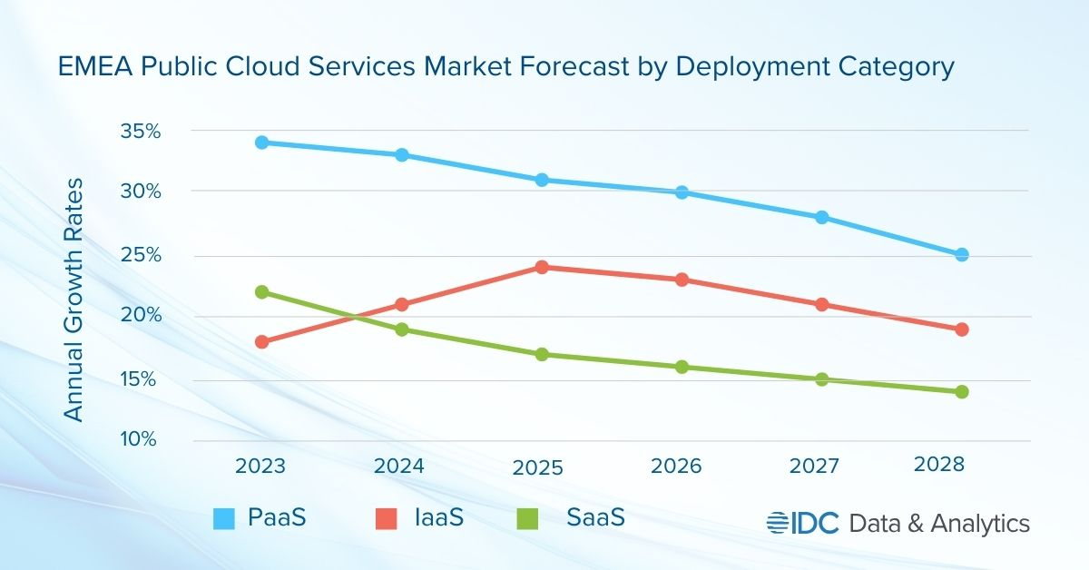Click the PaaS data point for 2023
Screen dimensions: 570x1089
(x=261, y=142)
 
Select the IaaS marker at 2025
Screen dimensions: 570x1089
(x=542, y=267)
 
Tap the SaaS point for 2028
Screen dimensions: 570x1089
(x=962, y=392)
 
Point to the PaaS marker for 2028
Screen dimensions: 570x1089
(x=962, y=255)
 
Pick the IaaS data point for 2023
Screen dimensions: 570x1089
(x=261, y=342)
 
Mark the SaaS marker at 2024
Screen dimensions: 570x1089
(x=401, y=329)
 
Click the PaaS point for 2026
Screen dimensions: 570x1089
(x=682, y=192)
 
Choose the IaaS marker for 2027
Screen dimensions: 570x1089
(x=821, y=304)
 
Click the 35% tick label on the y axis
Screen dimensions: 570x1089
(x=140, y=132)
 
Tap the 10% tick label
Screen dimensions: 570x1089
(x=140, y=439)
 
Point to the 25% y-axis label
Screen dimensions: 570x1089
(x=140, y=255)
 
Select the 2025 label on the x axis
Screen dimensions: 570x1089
(x=538, y=467)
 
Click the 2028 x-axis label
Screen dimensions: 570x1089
(x=938, y=464)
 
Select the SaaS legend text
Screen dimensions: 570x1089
(x=595, y=518)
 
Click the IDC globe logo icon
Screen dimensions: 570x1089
(x=778, y=523)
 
